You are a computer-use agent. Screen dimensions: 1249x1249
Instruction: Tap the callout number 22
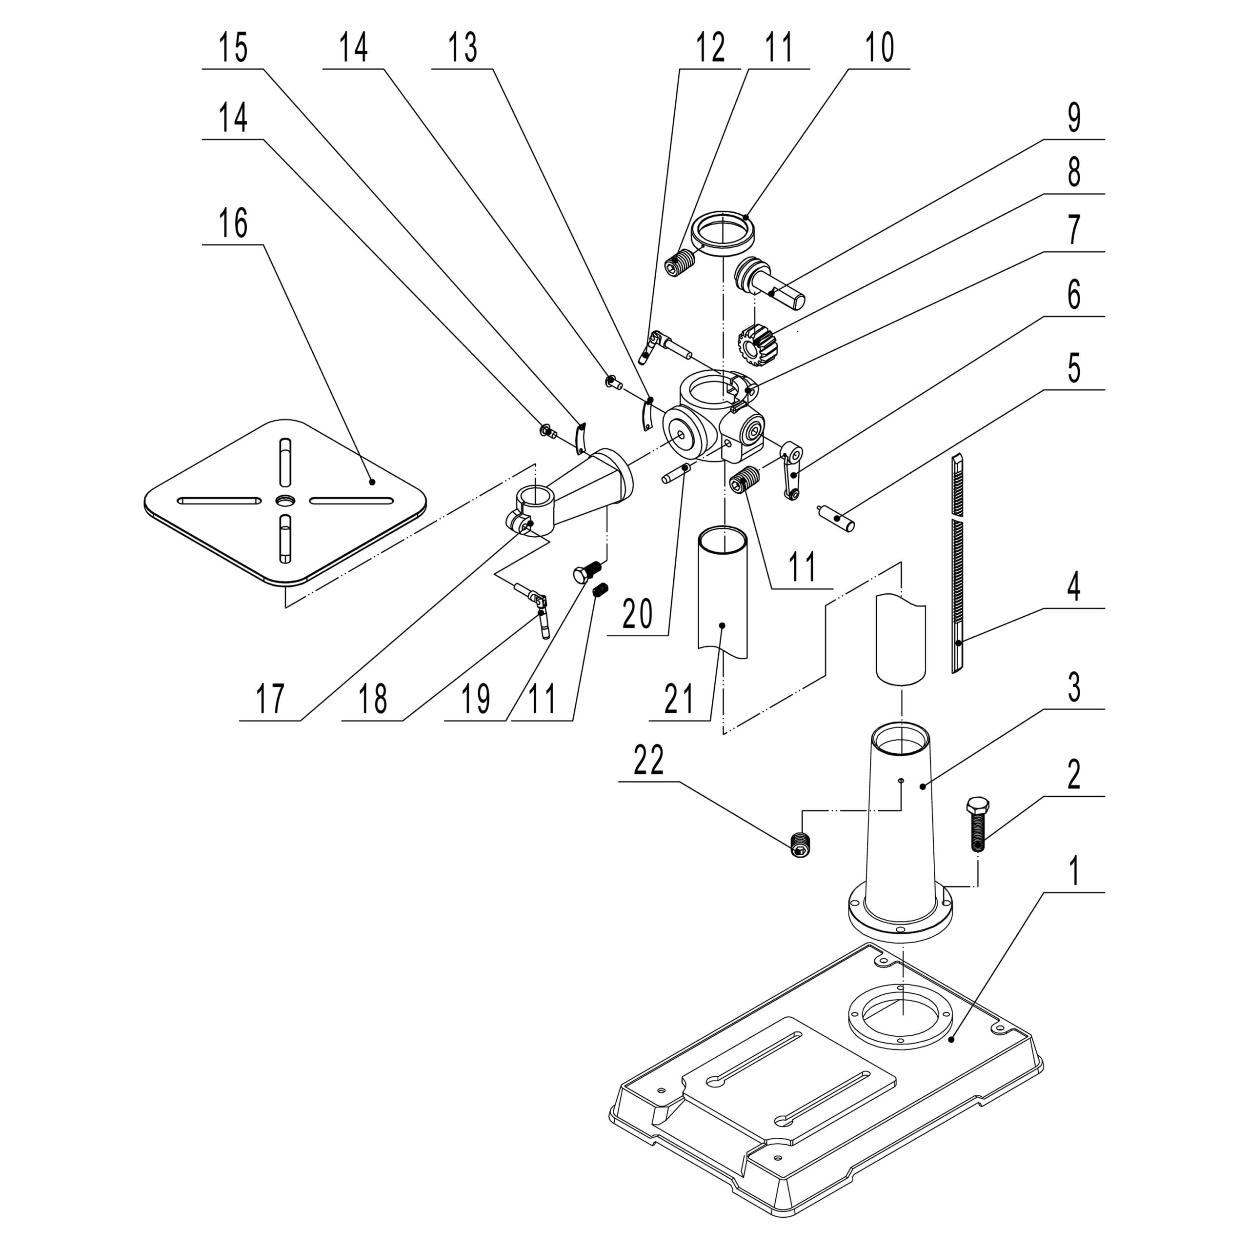648,761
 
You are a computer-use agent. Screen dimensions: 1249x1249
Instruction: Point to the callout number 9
1074,118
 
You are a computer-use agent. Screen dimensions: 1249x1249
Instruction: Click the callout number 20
638,615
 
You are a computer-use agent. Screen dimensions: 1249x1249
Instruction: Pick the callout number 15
233,48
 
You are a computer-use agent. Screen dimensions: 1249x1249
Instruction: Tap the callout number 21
679,699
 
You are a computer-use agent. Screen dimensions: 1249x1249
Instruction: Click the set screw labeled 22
802,844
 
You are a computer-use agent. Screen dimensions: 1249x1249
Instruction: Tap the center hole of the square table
285,501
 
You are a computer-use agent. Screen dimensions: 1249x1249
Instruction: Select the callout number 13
463,48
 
